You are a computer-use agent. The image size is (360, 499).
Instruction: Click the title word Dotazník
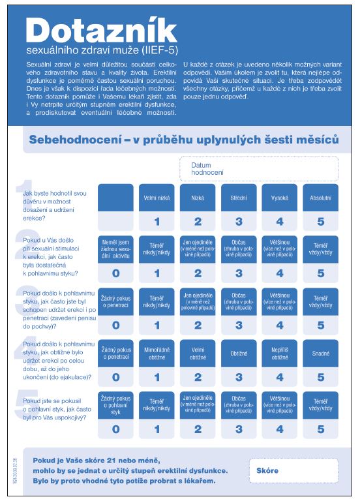(x=102, y=30)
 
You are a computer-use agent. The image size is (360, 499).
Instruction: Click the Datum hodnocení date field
(x=259, y=168)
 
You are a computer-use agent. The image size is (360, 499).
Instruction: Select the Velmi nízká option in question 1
(x=157, y=197)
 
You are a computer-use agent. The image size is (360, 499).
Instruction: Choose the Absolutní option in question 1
(x=320, y=197)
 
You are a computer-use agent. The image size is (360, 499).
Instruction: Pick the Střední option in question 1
(x=239, y=197)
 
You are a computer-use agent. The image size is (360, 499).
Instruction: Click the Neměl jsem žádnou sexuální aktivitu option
(x=115, y=249)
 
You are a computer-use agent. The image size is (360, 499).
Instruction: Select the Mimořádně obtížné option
(x=157, y=353)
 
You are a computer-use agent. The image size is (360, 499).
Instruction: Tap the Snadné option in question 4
(x=320, y=353)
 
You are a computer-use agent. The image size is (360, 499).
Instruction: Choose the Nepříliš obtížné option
(x=280, y=353)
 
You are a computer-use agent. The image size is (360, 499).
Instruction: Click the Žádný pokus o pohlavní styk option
(x=115, y=404)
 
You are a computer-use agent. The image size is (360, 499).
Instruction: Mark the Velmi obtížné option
(x=198, y=353)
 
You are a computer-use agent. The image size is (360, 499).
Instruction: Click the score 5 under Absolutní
(x=320, y=222)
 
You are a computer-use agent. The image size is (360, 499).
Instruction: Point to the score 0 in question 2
(x=115, y=273)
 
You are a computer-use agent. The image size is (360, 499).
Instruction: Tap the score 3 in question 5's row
(x=239, y=429)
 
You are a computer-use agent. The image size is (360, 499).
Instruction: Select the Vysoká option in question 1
(x=280, y=197)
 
